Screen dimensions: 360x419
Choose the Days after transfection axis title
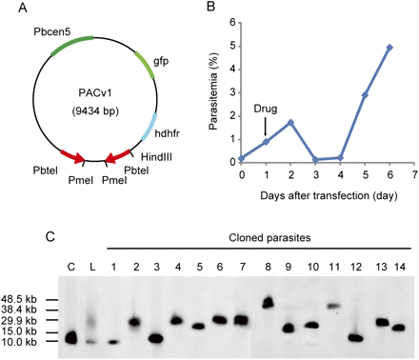315,194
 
